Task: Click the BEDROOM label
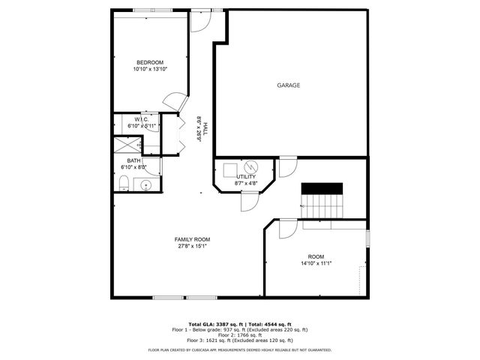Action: tap(149, 62)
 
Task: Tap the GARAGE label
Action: tap(289, 85)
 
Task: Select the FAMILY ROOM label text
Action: tap(193, 239)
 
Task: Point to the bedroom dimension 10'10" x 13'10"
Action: tap(149, 69)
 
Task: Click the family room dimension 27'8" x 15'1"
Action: tap(193, 246)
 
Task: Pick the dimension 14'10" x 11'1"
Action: tap(316, 263)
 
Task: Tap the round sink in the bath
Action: tap(148, 184)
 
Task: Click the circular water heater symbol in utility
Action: tap(252, 166)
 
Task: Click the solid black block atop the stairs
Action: tap(322, 187)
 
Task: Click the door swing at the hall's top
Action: tap(199, 20)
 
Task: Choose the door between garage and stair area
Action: tap(286, 167)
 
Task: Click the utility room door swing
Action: tap(249, 201)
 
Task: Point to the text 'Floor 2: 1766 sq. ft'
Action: tap(240, 335)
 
